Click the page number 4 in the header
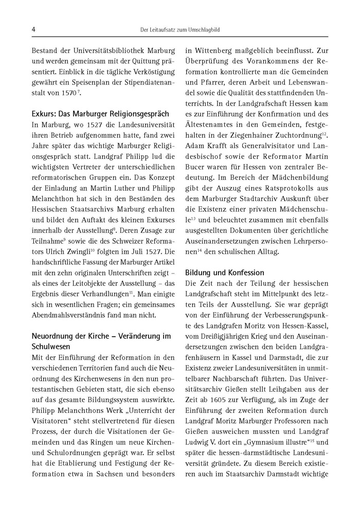click(x=33, y=29)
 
